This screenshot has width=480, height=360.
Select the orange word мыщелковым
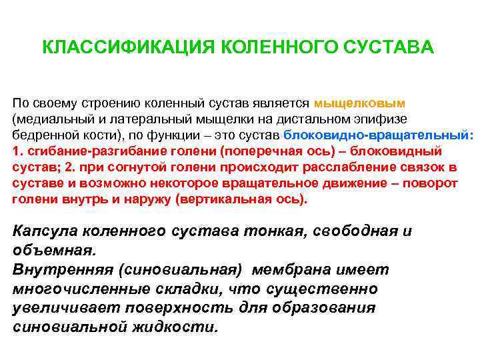tap(359, 104)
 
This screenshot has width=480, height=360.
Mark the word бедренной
tap(43, 135)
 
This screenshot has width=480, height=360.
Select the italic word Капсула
tap(44, 232)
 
